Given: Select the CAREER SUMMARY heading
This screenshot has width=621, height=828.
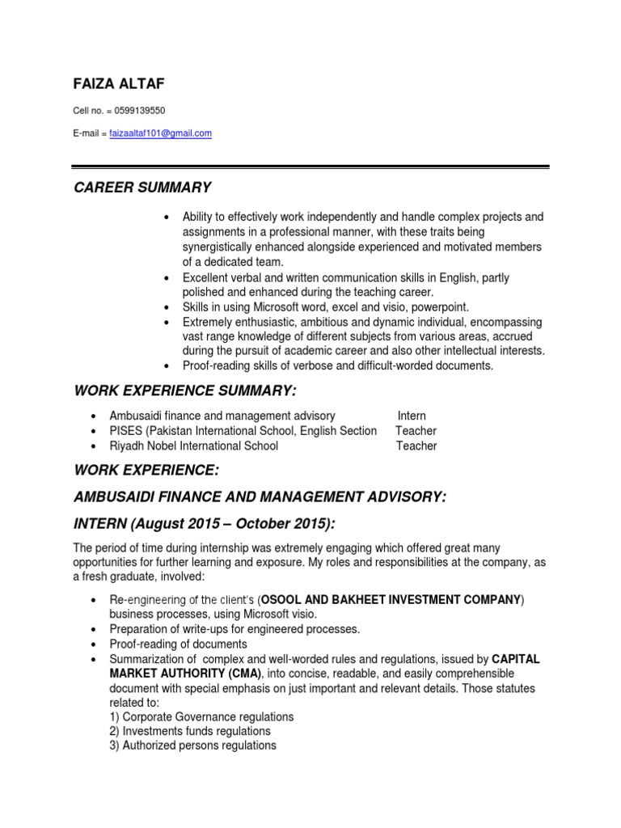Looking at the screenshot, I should coord(142,188).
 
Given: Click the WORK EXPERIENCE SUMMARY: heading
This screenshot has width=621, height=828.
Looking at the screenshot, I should coord(185,391).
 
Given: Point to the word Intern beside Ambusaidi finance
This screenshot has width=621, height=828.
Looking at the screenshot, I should coord(412,416).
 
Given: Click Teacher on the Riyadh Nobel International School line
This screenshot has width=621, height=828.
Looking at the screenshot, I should coord(416,446).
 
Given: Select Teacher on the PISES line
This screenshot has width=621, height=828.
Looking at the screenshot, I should coord(416,431).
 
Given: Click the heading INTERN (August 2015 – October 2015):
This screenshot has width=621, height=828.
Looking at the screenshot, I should coord(203,524).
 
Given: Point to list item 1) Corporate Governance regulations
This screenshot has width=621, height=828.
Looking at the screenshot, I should coord(201,717).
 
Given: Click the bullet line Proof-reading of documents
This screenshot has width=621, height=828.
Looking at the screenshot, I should coord(178,644).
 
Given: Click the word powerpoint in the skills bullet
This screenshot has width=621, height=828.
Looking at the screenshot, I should coord(441,307).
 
